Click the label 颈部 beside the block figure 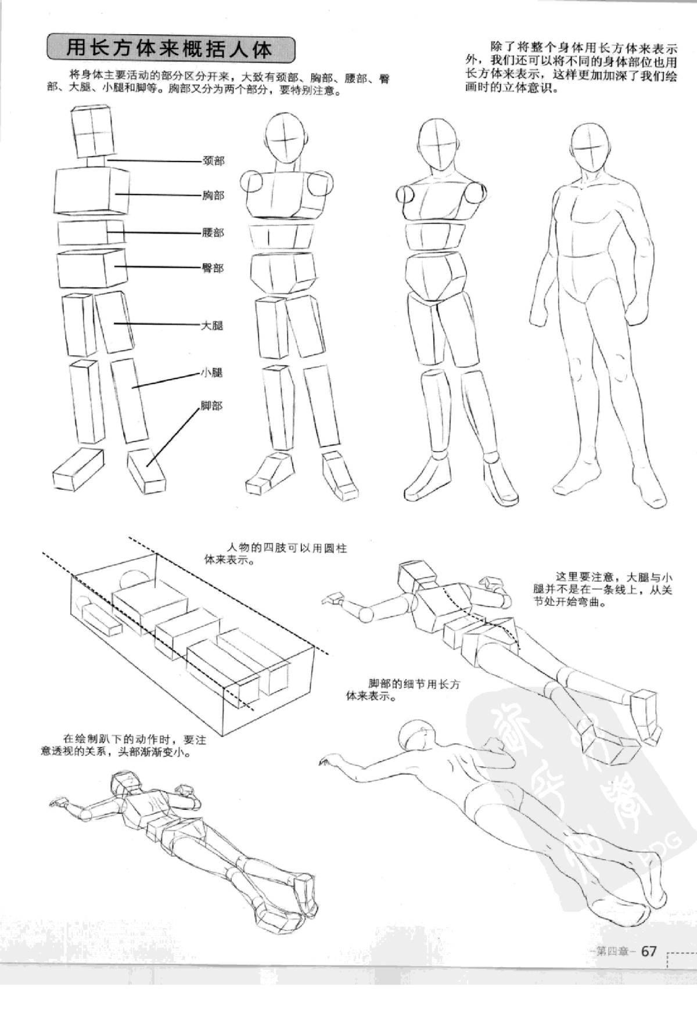pyautogui.click(x=213, y=161)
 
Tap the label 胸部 pyautogui.click(x=213, y=196)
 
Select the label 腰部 pyautogui.click(x=213, y=233)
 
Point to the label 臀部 pyautogui.click(x=213, y=268)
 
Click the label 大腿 pyautogui.click(x=212, y=326)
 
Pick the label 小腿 pyautogui.click(x=212, y=373)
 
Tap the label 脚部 pyautogui.click(x=212, y=406)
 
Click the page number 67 pyautogui.click(x=649, y=951)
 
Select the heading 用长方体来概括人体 pyautogui.click(x=170, y=49)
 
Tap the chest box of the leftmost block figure pyautogui.click(x=92, y=192)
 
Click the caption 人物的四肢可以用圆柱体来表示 pyautogui.click(x=275, y=554)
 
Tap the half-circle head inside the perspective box pyautogui.click(x=135, y=579)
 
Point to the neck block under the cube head pyautogui.click(x=96, y=161)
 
